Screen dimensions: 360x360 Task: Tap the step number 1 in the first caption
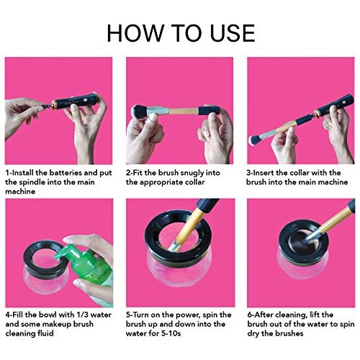pos(7,174)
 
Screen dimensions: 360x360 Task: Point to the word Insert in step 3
pos(266,174)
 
